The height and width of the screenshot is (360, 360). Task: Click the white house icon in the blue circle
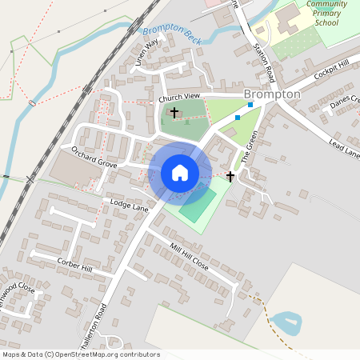(180, 173)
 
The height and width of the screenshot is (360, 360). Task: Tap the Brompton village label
(272, 94)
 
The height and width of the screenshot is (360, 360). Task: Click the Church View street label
(178, 98)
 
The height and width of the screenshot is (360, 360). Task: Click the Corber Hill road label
(74, 265)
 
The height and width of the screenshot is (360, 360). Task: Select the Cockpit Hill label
(330, 78)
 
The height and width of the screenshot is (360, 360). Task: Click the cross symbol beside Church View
(174, 114)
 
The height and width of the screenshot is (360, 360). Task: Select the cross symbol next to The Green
(230, 176)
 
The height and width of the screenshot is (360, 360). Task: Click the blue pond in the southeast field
(286, 324)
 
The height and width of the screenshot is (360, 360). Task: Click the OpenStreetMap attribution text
(80, 354)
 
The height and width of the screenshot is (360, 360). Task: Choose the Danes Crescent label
(344, 102)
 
